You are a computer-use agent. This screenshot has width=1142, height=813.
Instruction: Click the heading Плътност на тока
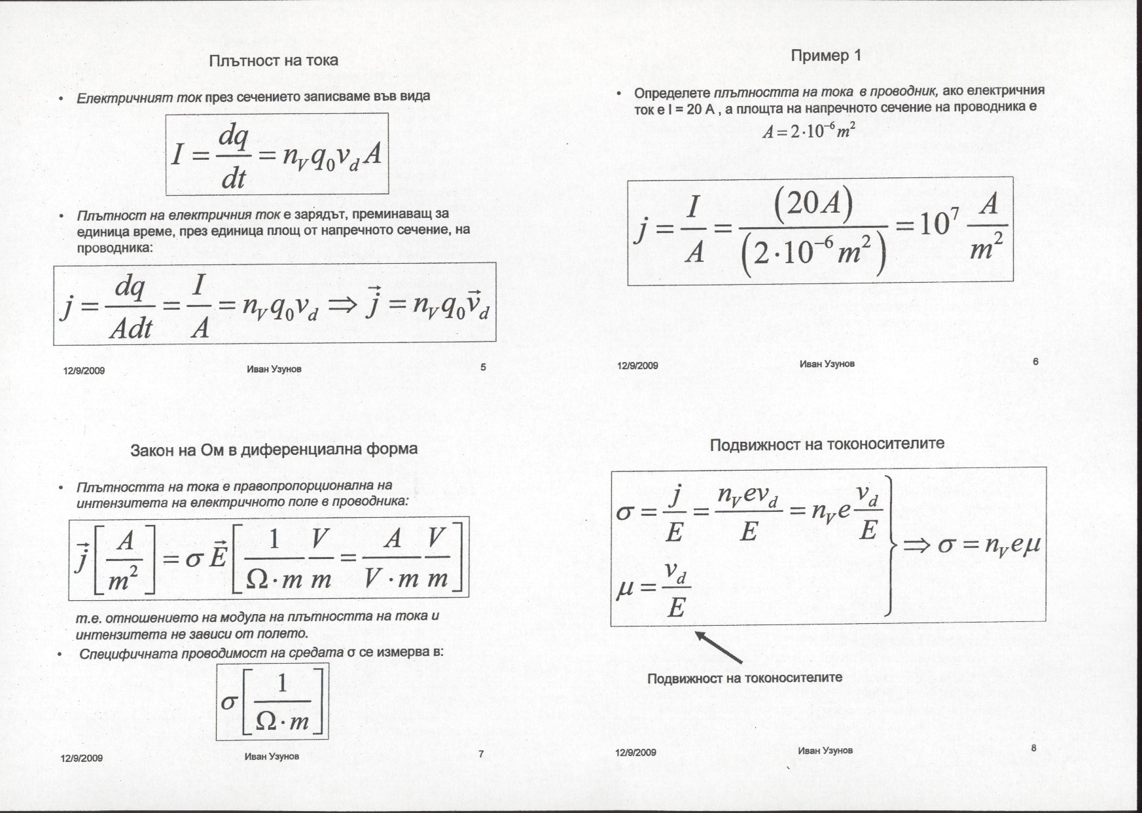click(x=274, y=61)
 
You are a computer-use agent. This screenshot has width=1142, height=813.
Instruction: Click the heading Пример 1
click(x=826, y=56)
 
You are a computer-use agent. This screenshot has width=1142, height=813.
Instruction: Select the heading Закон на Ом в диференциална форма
click(x=274, y=450)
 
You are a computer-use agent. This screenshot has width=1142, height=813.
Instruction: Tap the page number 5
click(x=483, y=367)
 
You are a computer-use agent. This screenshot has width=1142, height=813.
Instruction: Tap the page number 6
click(x=1035, y=361)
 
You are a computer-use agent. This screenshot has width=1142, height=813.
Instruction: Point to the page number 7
click(x=481, y=754)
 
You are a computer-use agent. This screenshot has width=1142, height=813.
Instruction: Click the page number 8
click(x=1033, y=748)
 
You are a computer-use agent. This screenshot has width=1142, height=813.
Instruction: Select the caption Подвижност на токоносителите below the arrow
click(x=744, y=678)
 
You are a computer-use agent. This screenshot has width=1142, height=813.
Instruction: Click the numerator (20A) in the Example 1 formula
click(x=813, y=205)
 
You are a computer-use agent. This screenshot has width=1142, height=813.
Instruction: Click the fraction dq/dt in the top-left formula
click(x=234, y=157)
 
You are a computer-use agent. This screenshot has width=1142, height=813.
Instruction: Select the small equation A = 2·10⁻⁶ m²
click(x=809, y=131)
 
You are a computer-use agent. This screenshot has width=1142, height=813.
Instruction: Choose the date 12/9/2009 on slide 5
click(x=84, y=370)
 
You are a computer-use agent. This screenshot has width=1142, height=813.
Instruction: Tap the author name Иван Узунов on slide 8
click(x=825, y=751)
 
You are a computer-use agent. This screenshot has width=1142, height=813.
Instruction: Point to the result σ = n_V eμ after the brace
click(x=988, y=545)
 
